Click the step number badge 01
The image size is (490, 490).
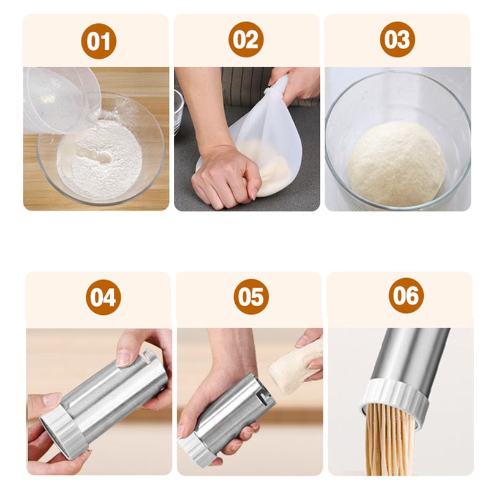pos(99,41)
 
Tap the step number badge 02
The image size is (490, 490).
pos(246,40)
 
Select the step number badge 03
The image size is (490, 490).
pos(398,39)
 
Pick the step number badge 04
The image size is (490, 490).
pos(104,297)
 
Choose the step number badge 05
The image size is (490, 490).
pos(251,296)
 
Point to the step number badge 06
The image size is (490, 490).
pos(406,295)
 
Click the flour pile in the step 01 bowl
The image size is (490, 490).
pos(100,159)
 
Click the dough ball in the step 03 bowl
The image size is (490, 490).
pos(397,164)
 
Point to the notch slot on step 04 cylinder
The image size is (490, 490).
pos(149,355)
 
